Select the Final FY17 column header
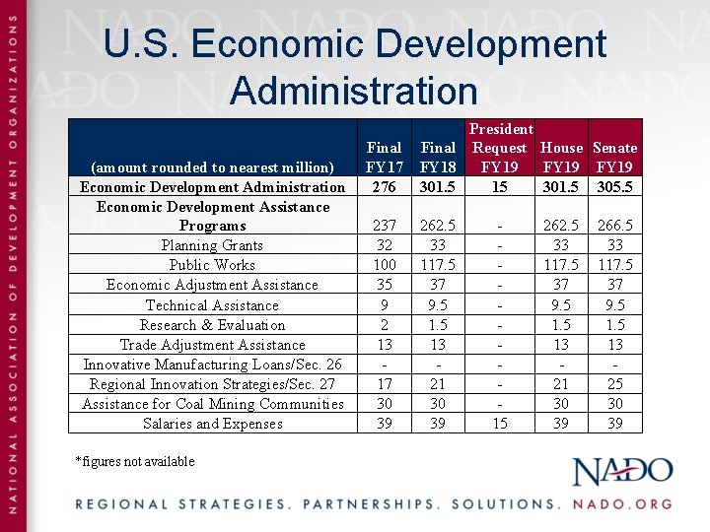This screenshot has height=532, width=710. point(384,157)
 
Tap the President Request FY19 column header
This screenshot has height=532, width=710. point(500,148)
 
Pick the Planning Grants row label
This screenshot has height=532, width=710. point(212,245)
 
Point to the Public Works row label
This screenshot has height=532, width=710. point(212,265)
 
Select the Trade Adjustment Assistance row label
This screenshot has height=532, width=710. point(212,345)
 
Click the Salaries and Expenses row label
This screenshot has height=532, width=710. point(212,424)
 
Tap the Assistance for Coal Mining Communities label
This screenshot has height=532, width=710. point(212,404)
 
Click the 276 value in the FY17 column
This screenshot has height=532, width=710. point(384,186)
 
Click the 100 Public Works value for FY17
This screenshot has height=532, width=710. point(384,265)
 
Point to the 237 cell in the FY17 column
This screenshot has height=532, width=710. point(384,226)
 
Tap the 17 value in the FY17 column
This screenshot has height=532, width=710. point(384,384)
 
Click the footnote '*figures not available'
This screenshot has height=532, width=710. point(135,461)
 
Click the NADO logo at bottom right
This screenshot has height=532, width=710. point(623,472)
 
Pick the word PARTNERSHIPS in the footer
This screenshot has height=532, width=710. point(369,503)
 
